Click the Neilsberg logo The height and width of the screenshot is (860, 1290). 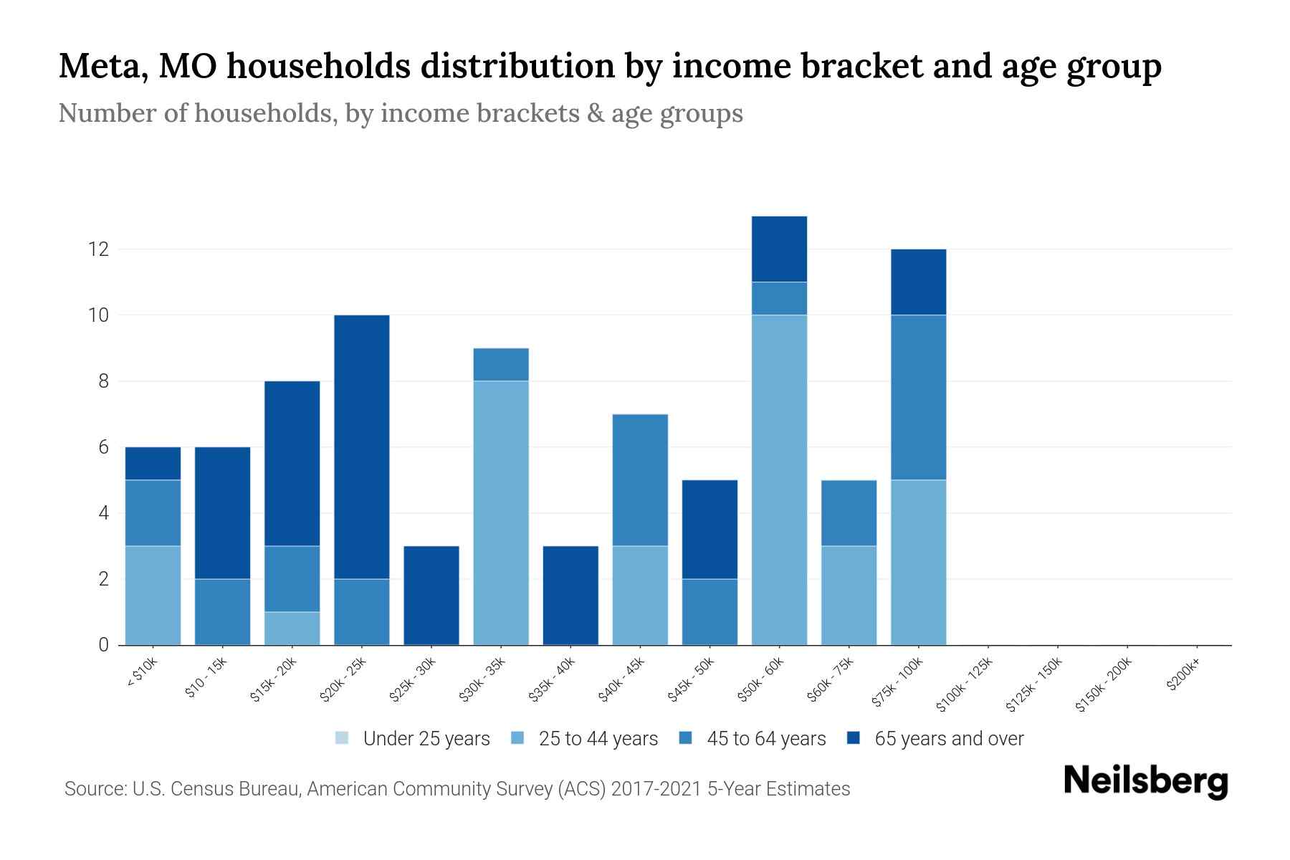click(x=1145, y=781)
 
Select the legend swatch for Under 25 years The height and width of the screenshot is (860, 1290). click(x=343, y=738)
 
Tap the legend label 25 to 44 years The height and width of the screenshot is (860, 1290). click(x=598, y=739)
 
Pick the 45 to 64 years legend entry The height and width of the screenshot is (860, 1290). click(x=765, y=739)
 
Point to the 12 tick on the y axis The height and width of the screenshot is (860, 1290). click(x=98, y=249)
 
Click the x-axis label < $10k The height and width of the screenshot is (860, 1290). click(x=142, y=673)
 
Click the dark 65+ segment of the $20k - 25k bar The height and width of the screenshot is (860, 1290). click(x=362, y=446)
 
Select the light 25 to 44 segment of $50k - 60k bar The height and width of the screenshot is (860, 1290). click(x=779, y=479)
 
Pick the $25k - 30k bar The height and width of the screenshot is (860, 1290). click(x=431, y=596)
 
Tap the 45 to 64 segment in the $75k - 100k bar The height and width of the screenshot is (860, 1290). click(x=918, y=397)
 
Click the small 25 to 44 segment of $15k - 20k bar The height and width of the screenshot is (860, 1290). click(x=292, y=629)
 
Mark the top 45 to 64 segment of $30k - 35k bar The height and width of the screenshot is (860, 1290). click(x=501, y=364)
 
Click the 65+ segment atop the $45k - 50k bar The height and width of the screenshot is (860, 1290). click(x=709, y=529)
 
